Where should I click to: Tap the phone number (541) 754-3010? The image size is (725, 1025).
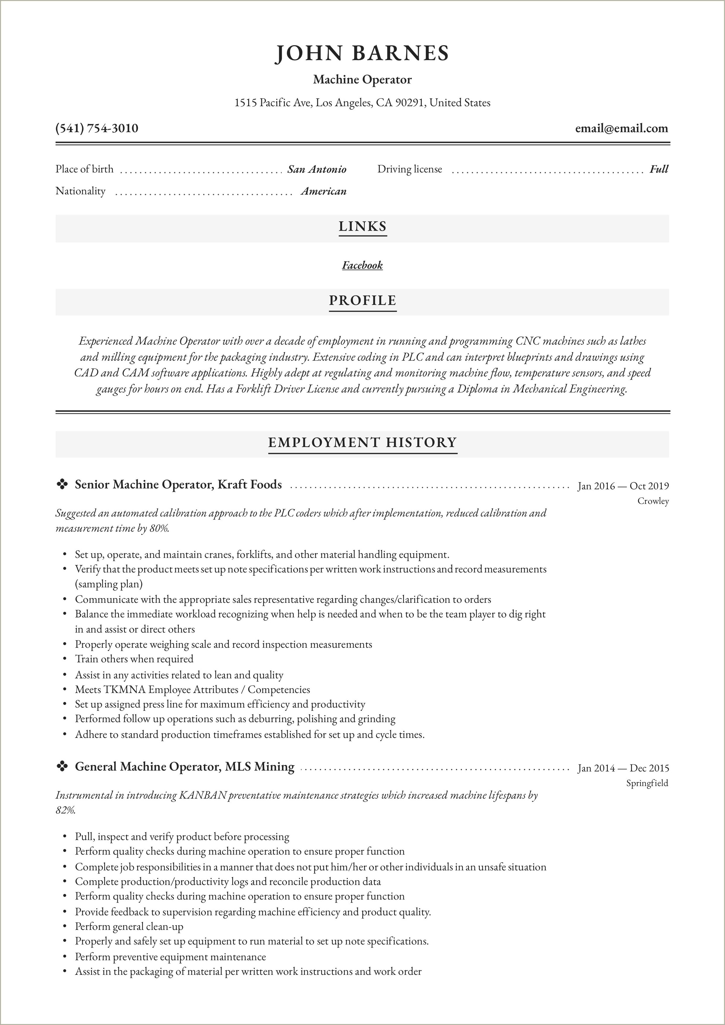pyautogui.click(x=97, y=129)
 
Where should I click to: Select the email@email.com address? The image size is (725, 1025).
pyautogui.click(x=621, y=129)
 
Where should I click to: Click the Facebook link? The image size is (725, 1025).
pyautogui.click(x=362, y=265)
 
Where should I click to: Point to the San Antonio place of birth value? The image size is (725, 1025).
pyautogui.click(x=316, y=169)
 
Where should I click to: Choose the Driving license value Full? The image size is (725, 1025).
pyautogui.click(x=659, y=169)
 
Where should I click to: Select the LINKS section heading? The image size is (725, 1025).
pyautogui.click(x=362, y=226)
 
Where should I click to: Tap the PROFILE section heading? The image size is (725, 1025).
pyautogui.click(x=362, y=300)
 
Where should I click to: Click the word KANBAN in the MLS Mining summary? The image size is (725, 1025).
pyautogui.click(x=203, y=795)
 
